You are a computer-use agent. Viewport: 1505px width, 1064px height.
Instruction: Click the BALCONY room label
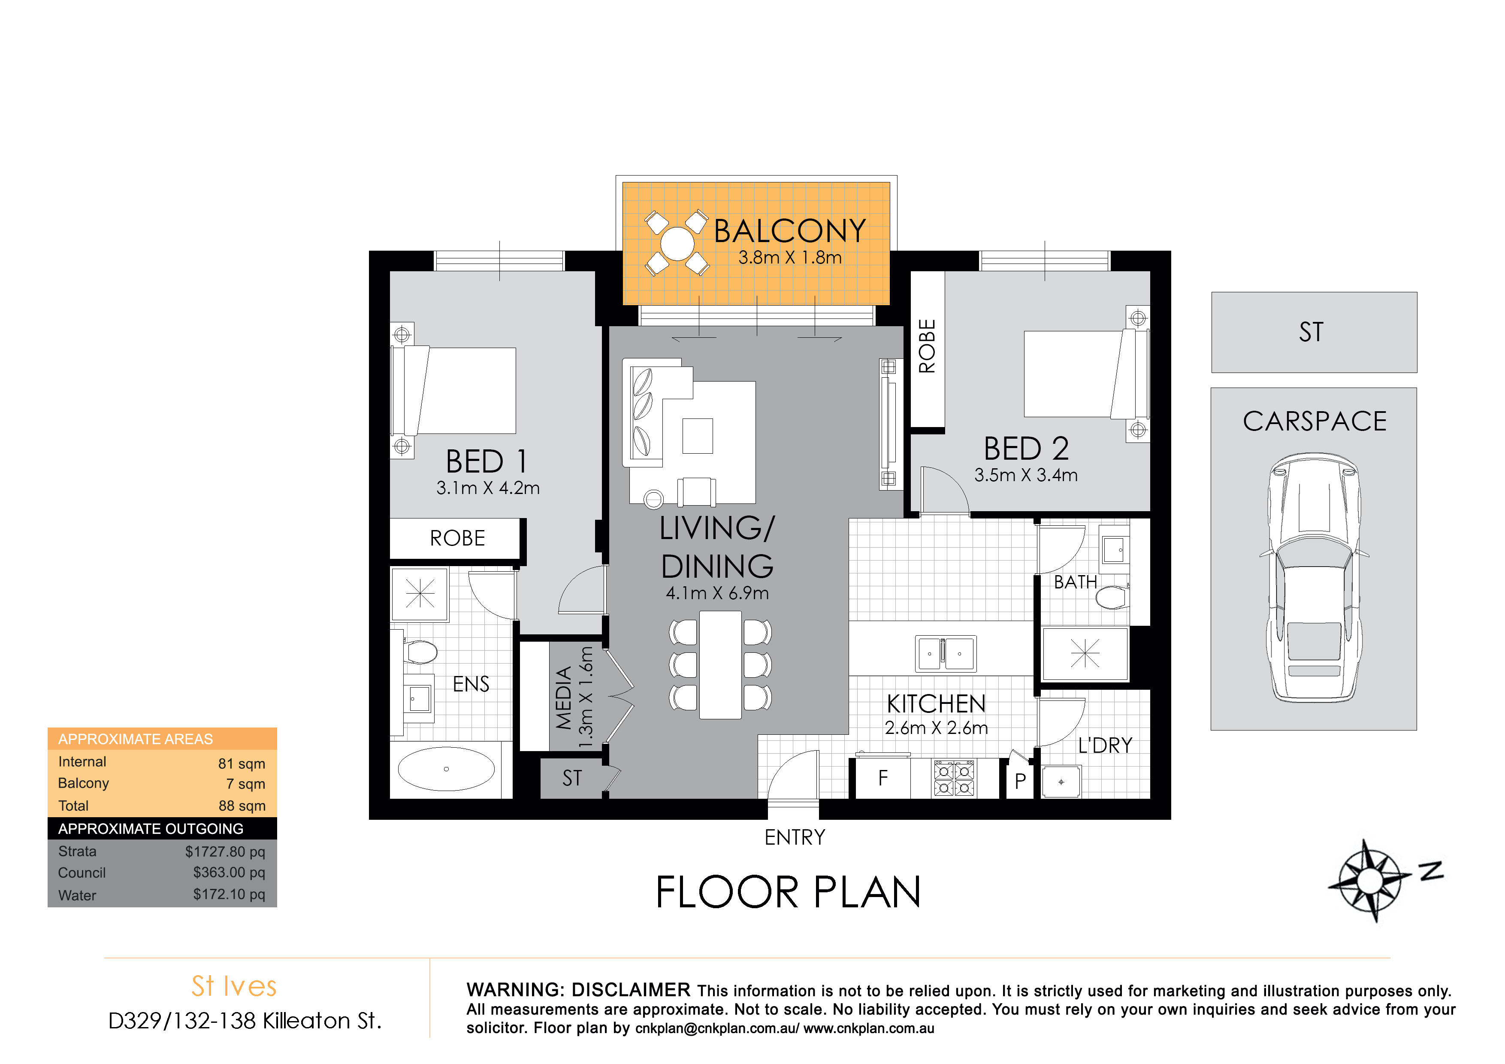pyautogui.click(x=789, y=231)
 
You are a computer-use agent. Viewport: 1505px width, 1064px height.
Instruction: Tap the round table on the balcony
pyautogui.click(x=677, y=243)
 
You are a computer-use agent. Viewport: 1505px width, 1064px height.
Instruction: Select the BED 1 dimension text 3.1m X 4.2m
pyautogui.click(x=488, y=488)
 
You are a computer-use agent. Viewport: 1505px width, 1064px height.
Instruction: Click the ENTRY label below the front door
pyautogui.click(x=795, y=837)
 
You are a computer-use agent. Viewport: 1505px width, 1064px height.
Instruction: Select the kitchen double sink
pyautogui.click(x=945, y=653)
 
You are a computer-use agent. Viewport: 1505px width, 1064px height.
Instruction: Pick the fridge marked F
pyautogui.click(x=882, y=778)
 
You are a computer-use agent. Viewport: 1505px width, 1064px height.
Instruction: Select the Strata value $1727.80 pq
pyautogui.click(x=225, y=852)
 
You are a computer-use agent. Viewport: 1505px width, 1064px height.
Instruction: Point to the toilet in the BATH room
pyautogui.click(x=1112, y=597)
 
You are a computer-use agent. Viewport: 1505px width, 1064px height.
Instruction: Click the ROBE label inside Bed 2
pyautogui.click(x=927, y=346)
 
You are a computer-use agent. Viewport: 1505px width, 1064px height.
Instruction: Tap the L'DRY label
pyautogui.click(x=1105, y=746)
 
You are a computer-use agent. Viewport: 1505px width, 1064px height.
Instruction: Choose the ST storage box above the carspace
pyautogui.click(x=1314, y=332)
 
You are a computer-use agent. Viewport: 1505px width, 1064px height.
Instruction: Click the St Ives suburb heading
pyautogui.click(x=234, y=986)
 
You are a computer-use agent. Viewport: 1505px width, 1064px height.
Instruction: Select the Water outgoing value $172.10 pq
pyautogui.click(x=229, y=894)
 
